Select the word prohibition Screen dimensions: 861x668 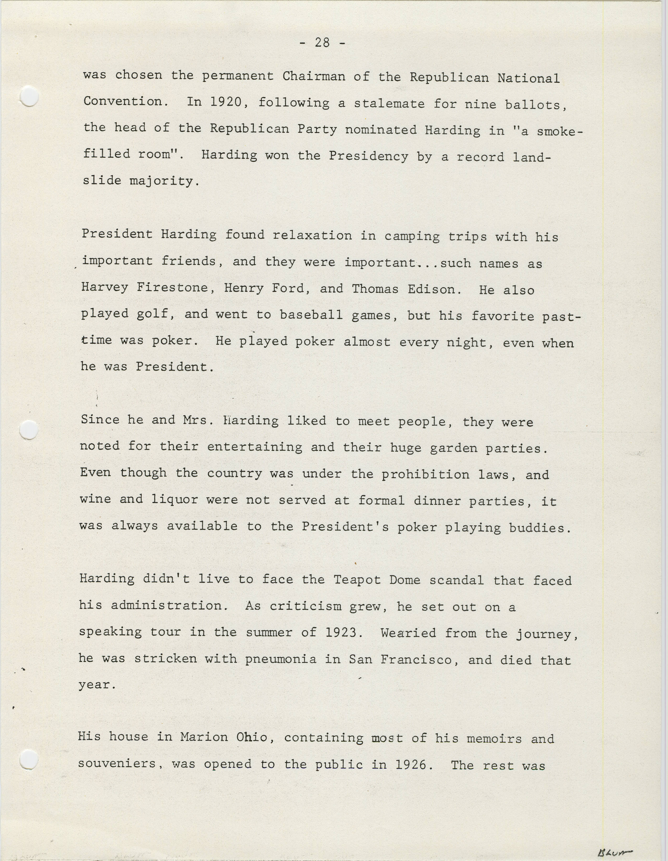(x=425, y=474)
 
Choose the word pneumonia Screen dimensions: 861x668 (x=280, y=659)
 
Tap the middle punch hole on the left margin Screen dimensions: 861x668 (x=29, y=430)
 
